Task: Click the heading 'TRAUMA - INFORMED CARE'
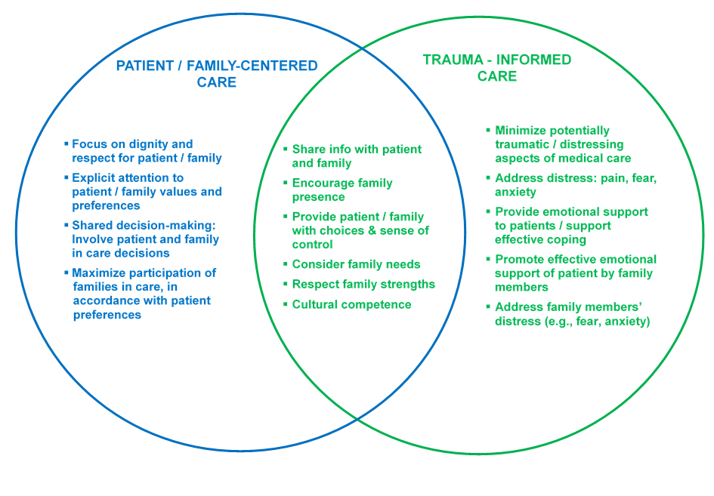(497, 68)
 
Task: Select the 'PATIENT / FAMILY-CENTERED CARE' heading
(217, 74)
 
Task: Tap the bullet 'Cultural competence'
(351, 304)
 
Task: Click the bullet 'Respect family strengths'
(363, 285)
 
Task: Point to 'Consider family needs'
(356, 264)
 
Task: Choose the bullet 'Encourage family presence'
(342, 189)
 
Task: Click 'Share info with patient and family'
(357, 156)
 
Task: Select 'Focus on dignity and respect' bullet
(147, 151)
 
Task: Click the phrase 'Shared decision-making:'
(144, 225)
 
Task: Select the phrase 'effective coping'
(540, 239)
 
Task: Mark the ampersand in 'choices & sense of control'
(372, 231)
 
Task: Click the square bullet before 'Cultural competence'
(286, 303)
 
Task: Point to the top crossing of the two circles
(362, 48)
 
